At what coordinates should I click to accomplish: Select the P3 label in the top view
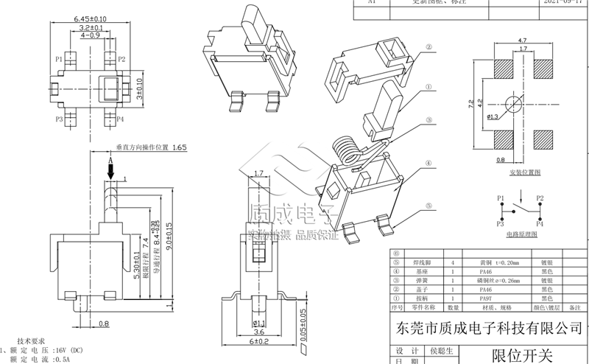click(x=59, y=118)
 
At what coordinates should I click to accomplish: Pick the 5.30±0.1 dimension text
click(x=136, y=267)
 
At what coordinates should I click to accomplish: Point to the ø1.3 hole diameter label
click(x=493, y=116)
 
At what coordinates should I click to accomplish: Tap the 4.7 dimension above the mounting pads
click(x=522, y=41)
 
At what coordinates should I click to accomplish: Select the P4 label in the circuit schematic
click(x=540, y=221)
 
